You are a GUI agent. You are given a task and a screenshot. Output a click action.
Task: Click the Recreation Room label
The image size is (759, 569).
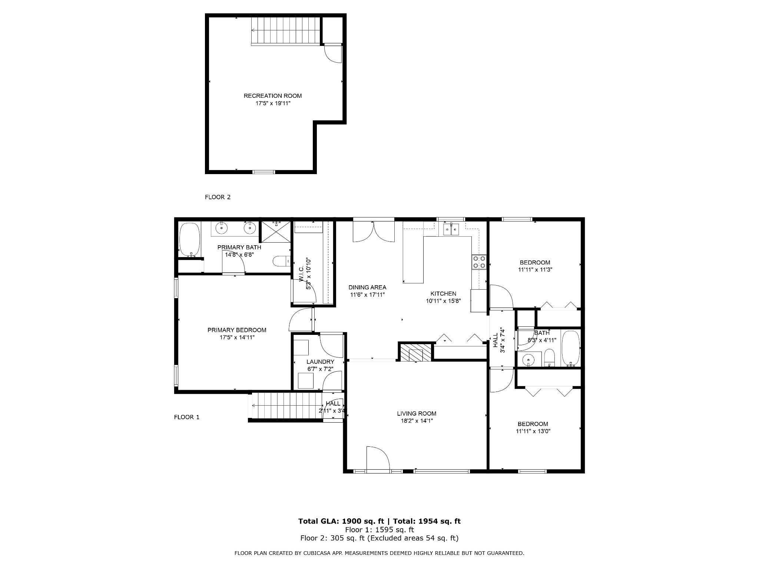coord(273,96)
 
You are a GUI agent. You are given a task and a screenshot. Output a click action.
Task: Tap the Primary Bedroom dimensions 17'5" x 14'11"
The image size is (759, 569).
coord(237,337)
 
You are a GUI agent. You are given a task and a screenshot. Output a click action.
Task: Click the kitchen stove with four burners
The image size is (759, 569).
coord(478,262)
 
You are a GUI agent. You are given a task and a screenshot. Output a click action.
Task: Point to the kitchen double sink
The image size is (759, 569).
coord(451,229)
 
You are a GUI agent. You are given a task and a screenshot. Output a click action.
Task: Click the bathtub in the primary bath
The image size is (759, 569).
coord(189,240)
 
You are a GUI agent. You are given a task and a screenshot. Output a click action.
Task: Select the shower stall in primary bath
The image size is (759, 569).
coord(275,232)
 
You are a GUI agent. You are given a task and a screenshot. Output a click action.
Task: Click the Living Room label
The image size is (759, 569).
coord(417,413)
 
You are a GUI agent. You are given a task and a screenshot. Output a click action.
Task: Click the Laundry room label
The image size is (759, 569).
coord(320,362)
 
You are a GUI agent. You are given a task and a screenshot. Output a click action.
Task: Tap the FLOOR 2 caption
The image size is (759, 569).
coord(218,197)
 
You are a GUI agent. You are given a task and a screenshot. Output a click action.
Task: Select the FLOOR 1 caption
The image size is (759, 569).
coord(187,417)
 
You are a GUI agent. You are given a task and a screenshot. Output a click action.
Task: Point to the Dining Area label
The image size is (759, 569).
coord(367,287)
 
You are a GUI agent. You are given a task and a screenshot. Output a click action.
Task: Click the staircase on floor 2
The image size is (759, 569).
coord(286,31)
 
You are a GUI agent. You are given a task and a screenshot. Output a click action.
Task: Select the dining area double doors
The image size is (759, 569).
coord(374,232)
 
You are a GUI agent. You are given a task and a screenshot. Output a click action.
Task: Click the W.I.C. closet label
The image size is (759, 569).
coord(301,273)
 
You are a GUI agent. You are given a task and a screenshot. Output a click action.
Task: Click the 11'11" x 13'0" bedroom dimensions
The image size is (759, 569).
coord(533,431)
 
